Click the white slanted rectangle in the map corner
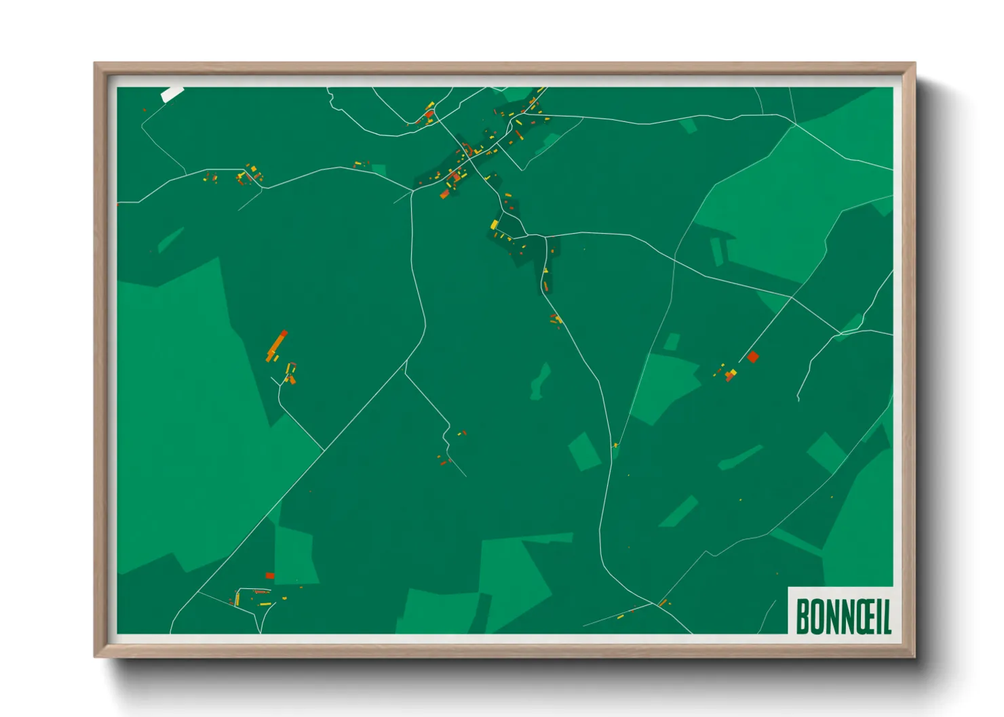[x=172, y=94]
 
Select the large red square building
[x=752, y=356]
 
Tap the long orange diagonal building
[x=276, y=346]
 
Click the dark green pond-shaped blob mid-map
[x=541, y=382]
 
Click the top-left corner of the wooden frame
[x=95, y=64]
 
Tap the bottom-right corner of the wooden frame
[x=914, y=656]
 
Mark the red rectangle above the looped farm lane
[x=269, y=575]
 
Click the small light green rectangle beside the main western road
[x=379, y=169]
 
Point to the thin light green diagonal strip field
[x=679, y=512]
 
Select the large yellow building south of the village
[x=495, y=224]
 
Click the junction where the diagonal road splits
[x=406, y=372]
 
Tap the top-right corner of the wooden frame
[x=914, y=64]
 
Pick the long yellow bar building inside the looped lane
[x=263, y=603]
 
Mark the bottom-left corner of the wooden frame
[x=95, y=656]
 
